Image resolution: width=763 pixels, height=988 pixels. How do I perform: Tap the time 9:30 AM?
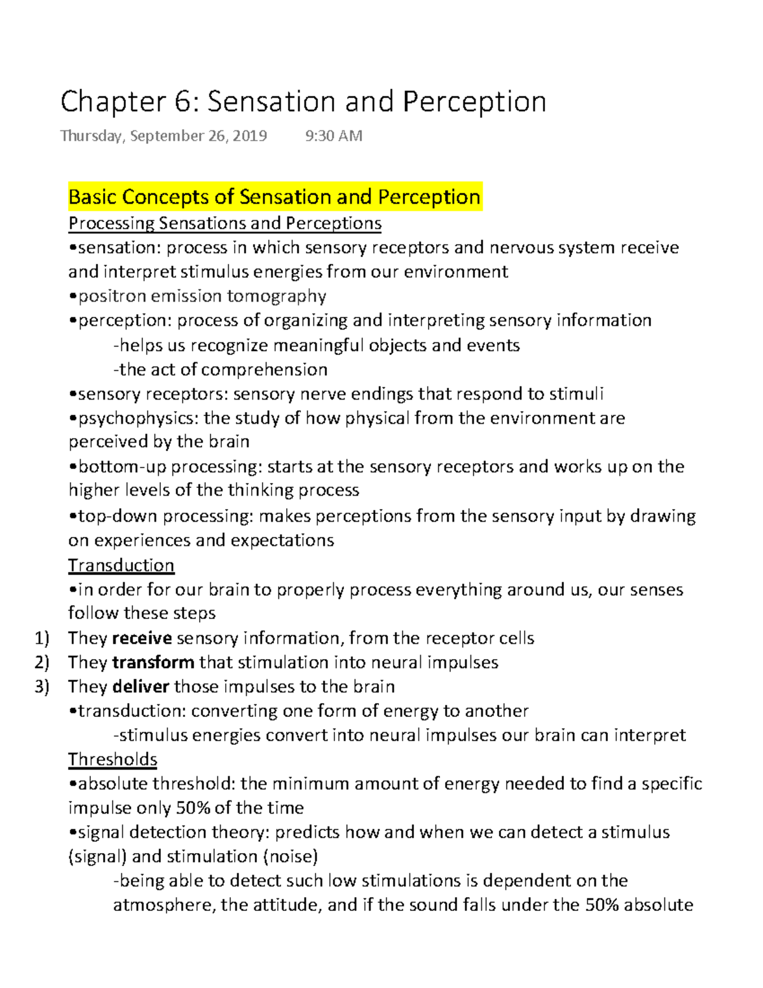click(334, 136)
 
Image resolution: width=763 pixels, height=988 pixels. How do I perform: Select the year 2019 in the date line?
click(250, 136)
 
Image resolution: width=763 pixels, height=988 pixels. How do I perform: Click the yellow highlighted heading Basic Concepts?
click(274, 197)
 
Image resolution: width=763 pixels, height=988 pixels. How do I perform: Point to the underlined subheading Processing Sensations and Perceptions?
click(224, 223)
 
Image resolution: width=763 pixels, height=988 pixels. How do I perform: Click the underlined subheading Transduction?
click(121, 565)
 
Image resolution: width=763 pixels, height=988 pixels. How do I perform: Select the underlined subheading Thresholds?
click(113, 759)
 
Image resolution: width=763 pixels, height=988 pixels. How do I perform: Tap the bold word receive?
click(142, 638)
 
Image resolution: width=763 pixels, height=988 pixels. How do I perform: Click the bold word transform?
click(153, 662)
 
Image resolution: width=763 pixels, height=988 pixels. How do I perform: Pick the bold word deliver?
click(141, 686)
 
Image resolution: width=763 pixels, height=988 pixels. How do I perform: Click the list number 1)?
click(42, 638)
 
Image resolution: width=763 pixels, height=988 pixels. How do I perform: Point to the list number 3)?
click(42, 686)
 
